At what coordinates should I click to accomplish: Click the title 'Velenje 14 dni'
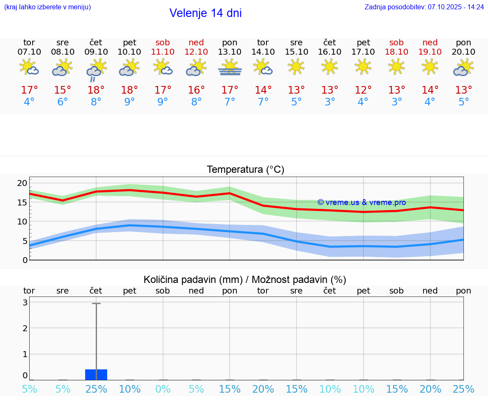coord(205,13)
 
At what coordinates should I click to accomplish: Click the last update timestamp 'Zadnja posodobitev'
coord(424,7)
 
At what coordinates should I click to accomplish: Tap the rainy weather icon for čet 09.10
coord(96,69)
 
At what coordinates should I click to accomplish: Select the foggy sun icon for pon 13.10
coord(230,67)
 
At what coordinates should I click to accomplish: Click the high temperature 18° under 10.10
coord(130,90)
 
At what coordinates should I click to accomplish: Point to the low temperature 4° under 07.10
coord(29,102)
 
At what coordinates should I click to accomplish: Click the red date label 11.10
coord(163,52)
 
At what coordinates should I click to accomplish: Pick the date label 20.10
coord(463,52)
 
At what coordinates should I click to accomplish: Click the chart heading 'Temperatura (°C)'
coord(245,170)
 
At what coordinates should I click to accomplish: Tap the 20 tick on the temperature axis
coord(22,183)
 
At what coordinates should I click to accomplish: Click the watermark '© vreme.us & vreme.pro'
coord(362,202)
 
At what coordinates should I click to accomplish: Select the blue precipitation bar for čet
coord(96,374)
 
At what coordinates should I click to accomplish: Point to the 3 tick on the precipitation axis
coord(25,302)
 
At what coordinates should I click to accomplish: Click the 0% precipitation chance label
coord(163,389)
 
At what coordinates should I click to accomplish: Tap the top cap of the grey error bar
coord(96,303)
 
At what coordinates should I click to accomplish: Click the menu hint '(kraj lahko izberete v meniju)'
coord(47,7)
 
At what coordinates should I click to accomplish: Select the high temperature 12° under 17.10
coord(363,90)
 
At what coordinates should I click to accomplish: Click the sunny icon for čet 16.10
coord(330,67)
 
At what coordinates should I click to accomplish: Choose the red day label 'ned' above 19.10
coord(430,42)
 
